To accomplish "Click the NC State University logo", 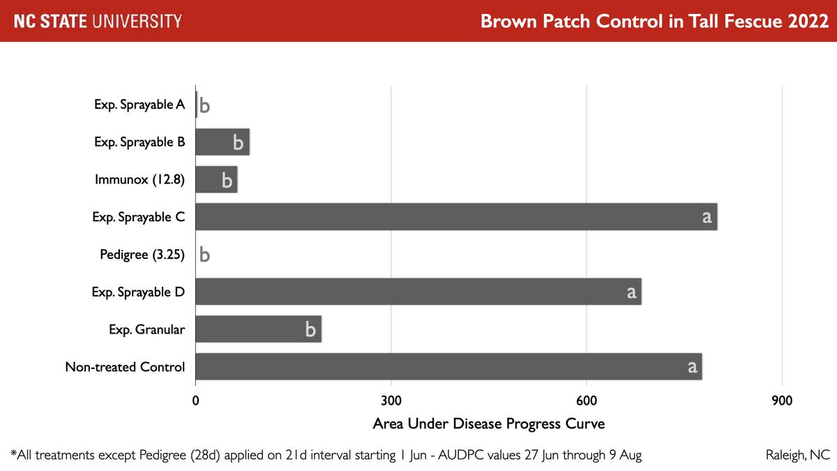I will (98, 21).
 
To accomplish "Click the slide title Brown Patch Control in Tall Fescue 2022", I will (654, 21).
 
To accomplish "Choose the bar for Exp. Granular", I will (258, 329).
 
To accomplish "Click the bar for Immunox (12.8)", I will (216, 180).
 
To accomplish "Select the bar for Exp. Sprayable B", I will (222, 142).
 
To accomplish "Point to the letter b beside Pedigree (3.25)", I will (204, 255).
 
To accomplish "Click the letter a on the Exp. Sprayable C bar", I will (707, 217).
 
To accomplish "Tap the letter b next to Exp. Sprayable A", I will (204, 105).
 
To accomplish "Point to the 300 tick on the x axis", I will (391, 401).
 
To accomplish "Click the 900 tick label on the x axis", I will (782, 401).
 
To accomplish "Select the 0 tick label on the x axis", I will (195, 401).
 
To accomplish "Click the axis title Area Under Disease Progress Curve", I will (488, 424).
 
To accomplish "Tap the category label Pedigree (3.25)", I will (142, 255).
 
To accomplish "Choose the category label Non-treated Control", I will (125, 367).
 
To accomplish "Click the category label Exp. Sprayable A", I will (139, 105).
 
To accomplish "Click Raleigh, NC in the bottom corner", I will (797, 455).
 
